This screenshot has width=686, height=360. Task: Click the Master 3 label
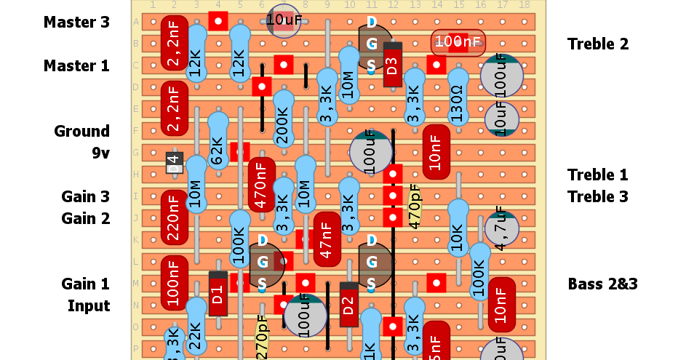[x=76, y=23]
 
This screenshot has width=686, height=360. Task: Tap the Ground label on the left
[x=81, y=132]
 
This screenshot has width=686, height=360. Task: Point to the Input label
[x=89, y=306]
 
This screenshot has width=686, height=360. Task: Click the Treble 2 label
[x=597, y=44]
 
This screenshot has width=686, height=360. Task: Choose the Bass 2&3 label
[x=602, y=284]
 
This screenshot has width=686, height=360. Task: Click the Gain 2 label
[x=85, y=219]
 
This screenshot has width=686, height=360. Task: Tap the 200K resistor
[x=283, y=121]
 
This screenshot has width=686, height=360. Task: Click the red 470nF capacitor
[x=262, y=185]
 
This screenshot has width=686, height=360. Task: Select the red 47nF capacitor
[x=327, y=239]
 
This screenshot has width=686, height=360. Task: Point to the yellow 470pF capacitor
[x=415, y=207]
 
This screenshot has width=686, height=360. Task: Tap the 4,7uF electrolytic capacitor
[x=501, y=228]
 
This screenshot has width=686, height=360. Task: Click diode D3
[x=392, y=65]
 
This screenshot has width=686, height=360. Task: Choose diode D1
[x=218, y=294]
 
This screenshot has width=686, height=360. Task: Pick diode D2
[x=348, y=305]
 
